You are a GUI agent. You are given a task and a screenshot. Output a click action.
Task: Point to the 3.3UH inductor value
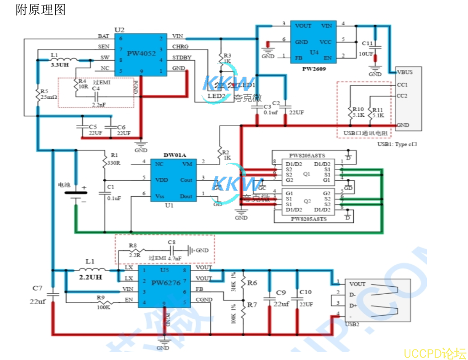click(x=60, y=65)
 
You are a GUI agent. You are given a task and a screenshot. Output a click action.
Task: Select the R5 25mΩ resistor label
click(x=48, y=94)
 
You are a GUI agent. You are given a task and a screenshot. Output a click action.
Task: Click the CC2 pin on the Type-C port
click(x=402, y=96)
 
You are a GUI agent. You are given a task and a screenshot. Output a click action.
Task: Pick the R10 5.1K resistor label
click(x=358, y=113)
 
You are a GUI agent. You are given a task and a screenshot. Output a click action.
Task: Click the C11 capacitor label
click(x=367, y=43)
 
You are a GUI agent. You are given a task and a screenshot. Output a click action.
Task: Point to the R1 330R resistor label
click(x=114, y=159)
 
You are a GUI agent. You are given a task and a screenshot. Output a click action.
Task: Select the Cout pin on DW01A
click(x=186, y=180)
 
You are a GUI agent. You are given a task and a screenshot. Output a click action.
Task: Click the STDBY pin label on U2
click(x=182, y=58)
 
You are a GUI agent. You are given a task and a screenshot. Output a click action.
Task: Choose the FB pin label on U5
click(x=199, y=289)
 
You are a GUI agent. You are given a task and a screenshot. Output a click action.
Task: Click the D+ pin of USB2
click(x=353, y=305)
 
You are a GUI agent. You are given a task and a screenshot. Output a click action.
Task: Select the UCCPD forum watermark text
click(x=435, y=353)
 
